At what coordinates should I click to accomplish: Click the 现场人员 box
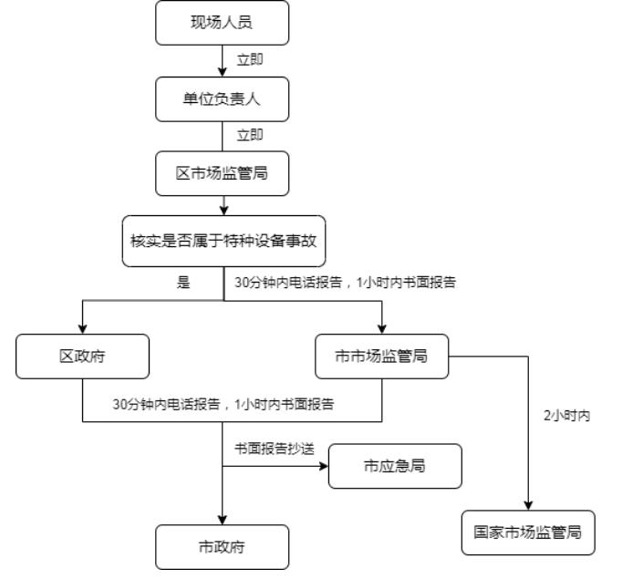(223, 23)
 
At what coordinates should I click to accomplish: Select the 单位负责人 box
(223, 99)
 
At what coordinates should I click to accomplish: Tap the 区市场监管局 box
(223, 173)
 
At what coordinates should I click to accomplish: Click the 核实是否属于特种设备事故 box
(223, 241)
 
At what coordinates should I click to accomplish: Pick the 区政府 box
(82, 357)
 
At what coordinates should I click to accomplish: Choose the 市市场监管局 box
(382, 357)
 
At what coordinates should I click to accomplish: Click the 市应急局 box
(395, 466)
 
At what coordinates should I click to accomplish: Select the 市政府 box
(223, 547)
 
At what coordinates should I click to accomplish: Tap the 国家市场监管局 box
(528, 532)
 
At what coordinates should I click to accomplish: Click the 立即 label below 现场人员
(250, 60)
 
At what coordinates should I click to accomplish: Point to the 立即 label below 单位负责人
(250, 135)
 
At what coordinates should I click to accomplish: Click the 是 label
(183, 283)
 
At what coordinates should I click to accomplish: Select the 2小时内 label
(566, 416)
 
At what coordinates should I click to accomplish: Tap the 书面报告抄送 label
(275, 449)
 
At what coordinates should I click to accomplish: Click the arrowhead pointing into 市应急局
(324, 466)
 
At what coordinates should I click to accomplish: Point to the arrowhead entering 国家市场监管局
(528, 506)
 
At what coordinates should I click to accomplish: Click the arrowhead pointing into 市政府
(223, 521)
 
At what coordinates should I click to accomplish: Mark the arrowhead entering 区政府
(82, 329)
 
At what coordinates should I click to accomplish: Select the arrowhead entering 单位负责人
(223, 72)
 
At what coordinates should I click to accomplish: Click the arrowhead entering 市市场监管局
(382, 329)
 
